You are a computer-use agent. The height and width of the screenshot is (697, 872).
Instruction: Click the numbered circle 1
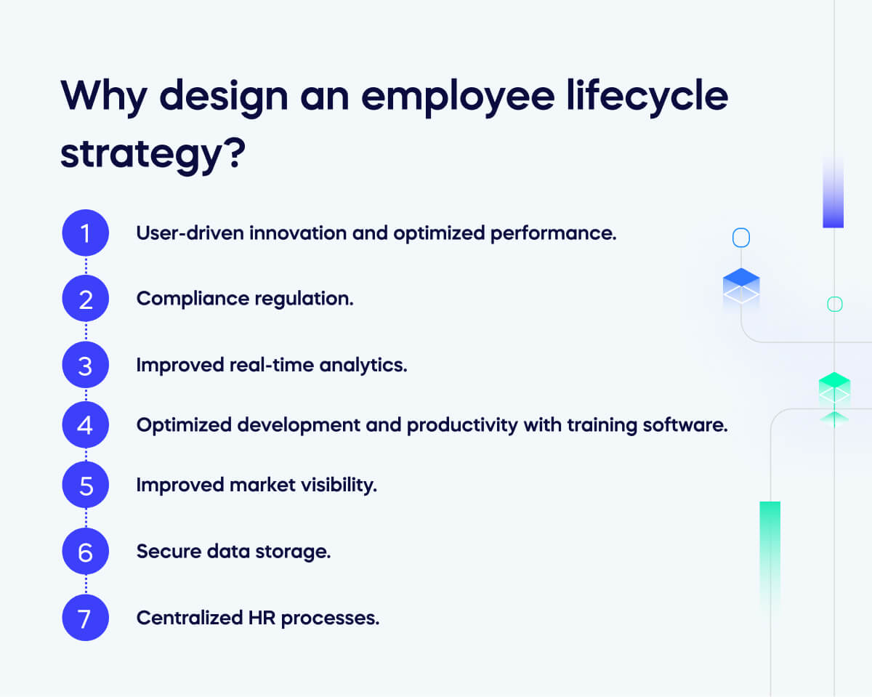(x=85, y=233)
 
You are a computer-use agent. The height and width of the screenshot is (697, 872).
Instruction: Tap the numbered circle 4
(x=85, y=424)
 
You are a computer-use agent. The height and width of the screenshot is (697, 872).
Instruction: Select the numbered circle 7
(x=85, y=618)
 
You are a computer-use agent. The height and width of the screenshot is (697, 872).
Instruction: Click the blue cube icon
(x=741, y=286)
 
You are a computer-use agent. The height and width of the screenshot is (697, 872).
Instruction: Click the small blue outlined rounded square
(x=740, y=238)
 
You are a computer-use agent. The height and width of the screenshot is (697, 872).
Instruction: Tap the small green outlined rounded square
(x=834, y=305)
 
